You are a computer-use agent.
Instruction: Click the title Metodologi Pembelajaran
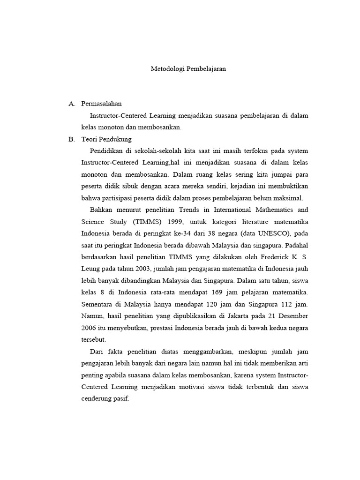click(x=188, y=68)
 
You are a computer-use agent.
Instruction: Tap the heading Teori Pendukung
click(x=106, y=139)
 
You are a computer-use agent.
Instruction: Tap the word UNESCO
click(x=266, y=232)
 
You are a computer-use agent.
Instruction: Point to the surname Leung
click(x=91, y=268)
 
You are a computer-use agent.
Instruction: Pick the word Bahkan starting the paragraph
click(x=102, y=209)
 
